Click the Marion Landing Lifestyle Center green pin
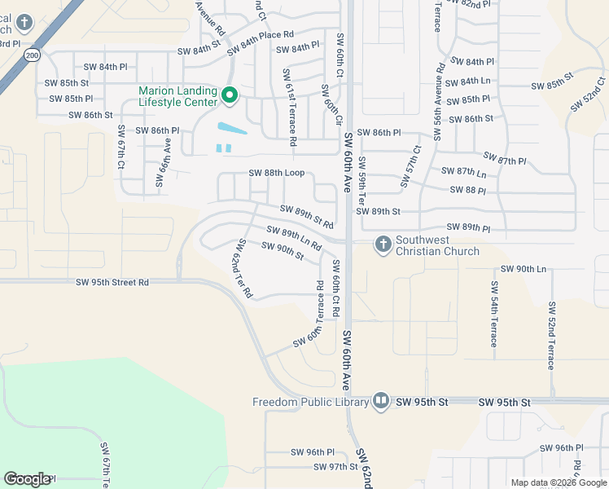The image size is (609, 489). click(x=230, y=96)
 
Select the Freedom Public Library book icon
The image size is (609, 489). click(x=380, y=401)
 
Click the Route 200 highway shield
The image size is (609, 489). click(x=32, y=55)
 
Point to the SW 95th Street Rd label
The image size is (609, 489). click(x=112, y=282)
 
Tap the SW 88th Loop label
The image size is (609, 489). click(x=276, y=174)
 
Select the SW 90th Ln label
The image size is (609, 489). click(x=523, y=269)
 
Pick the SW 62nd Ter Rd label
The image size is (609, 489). click(x=243, y=267)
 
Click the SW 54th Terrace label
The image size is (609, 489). click(x=493, y=314)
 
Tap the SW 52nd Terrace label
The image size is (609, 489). click(x=550, y=334)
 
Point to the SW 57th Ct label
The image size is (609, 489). click(x=410, y=165)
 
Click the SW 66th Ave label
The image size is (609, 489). click(x=162, y=161)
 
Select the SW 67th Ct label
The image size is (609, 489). click(x=121, y=147)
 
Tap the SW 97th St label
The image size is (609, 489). click(x=337, y=467)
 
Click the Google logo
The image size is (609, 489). click(x=27, y=479)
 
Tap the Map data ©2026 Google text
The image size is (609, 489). click(x=558, y=482)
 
